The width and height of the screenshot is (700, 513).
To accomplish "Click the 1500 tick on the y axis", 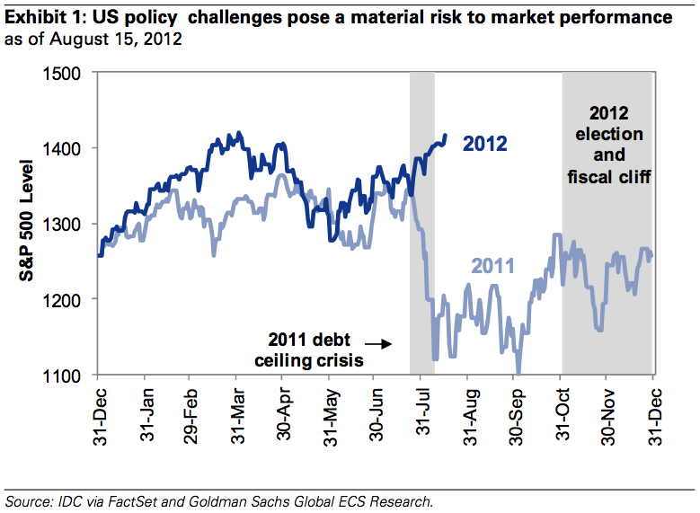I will (70, 74).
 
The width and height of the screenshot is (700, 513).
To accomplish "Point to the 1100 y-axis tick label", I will (70, 375).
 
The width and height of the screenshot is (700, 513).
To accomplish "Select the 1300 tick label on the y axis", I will (70, 224).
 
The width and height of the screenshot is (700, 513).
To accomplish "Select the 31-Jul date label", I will (422, 413).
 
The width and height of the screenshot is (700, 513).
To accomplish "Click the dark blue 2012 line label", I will (485, 144).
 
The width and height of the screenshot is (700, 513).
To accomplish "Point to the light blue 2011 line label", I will (492, 266).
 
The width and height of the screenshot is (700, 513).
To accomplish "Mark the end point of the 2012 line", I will (446, 136).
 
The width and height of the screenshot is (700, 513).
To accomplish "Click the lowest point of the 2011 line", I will (518, 374).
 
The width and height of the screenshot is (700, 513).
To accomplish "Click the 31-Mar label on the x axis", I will (238, 413).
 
